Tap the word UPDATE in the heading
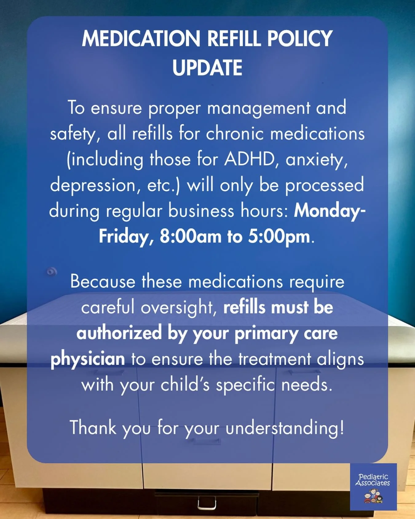(x=207, y=68)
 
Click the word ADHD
(x=249, y=159)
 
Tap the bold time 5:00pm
(x=279, y=237)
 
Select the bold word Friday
(x=124, y=237)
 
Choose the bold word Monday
(x=328, y=211)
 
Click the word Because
(x=103, y=281)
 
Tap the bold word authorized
(x=119, y=333)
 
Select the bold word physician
(x=88, y=359)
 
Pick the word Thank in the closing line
(x=93, y=428)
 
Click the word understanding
(x=284, y=428)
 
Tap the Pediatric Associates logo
(x=373, y=487)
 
